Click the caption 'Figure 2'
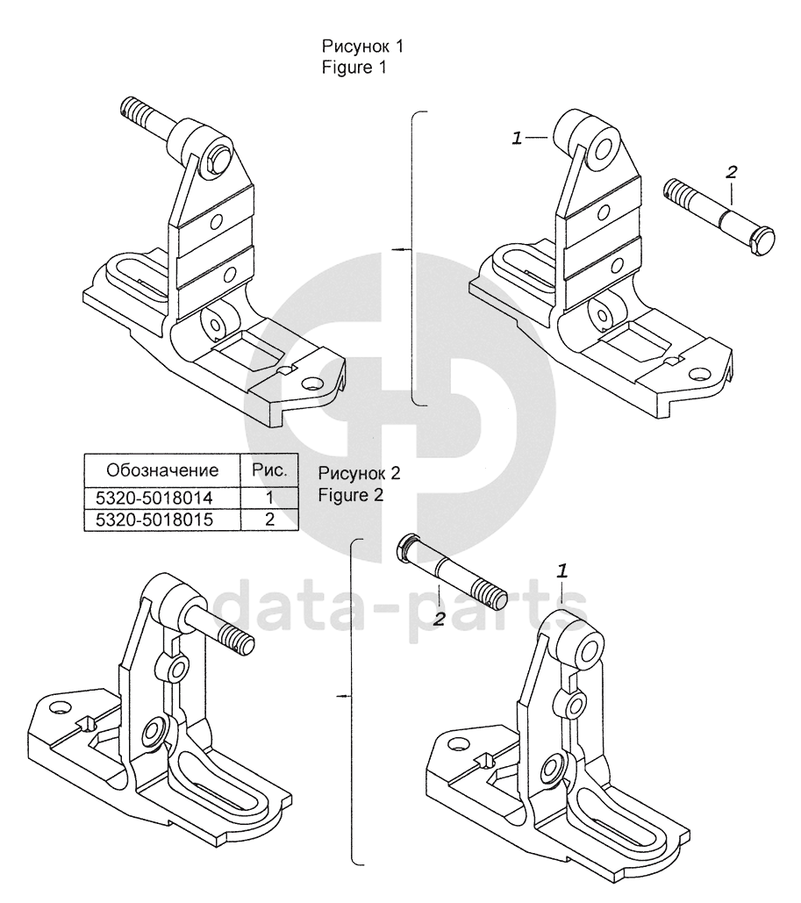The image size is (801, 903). pyautogui.click(x=350, y=494)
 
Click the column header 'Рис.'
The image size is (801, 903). pyautogui.click(x=269, y=469)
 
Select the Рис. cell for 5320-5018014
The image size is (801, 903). pyautogui.click(x=269, y=498)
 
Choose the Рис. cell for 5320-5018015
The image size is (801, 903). pyautogui.click(x=269, y=519)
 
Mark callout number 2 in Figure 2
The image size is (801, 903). pyautogui.click(x=439, y=620)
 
